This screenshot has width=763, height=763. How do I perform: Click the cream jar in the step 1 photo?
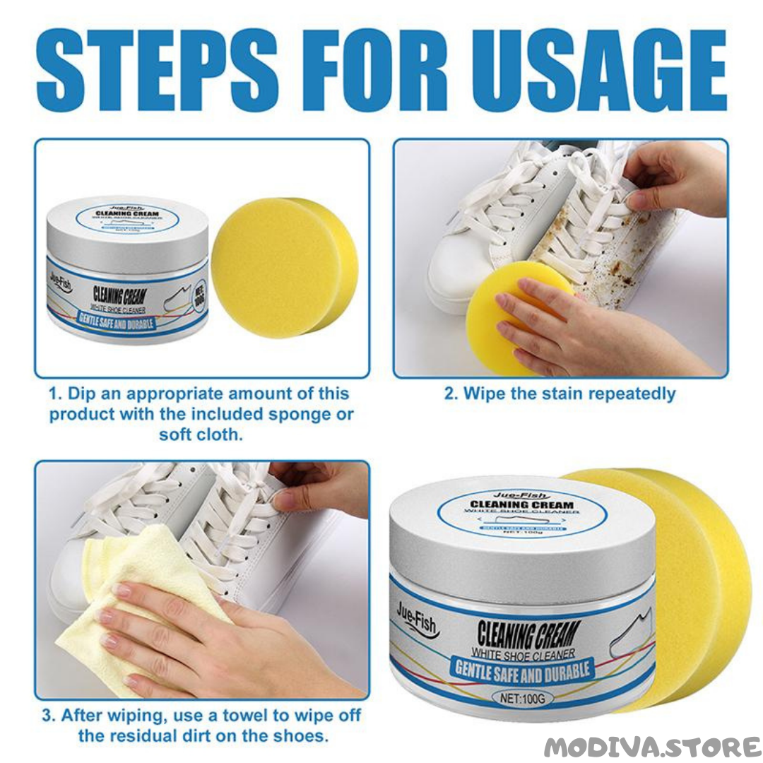[x=128, y=272]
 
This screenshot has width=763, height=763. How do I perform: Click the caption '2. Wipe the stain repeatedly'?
[x=560, y=394]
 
